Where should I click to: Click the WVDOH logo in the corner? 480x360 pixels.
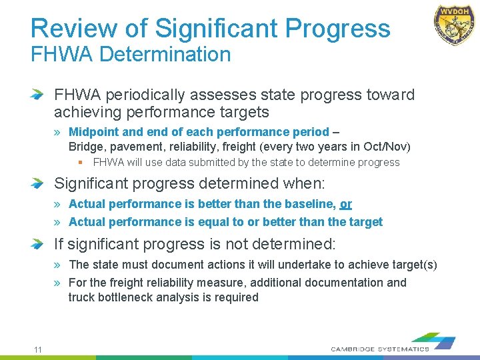tap(455, 25)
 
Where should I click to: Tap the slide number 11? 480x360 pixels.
tap(38, 350)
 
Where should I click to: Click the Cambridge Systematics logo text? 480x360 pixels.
tap(380, 349)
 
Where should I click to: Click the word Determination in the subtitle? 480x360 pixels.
tap(165, 54)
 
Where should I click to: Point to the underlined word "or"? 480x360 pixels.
tap(346, 204)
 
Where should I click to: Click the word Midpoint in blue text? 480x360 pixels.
tap(94, 132)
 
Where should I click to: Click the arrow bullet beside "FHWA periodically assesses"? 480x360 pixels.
tap(38, 95)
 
